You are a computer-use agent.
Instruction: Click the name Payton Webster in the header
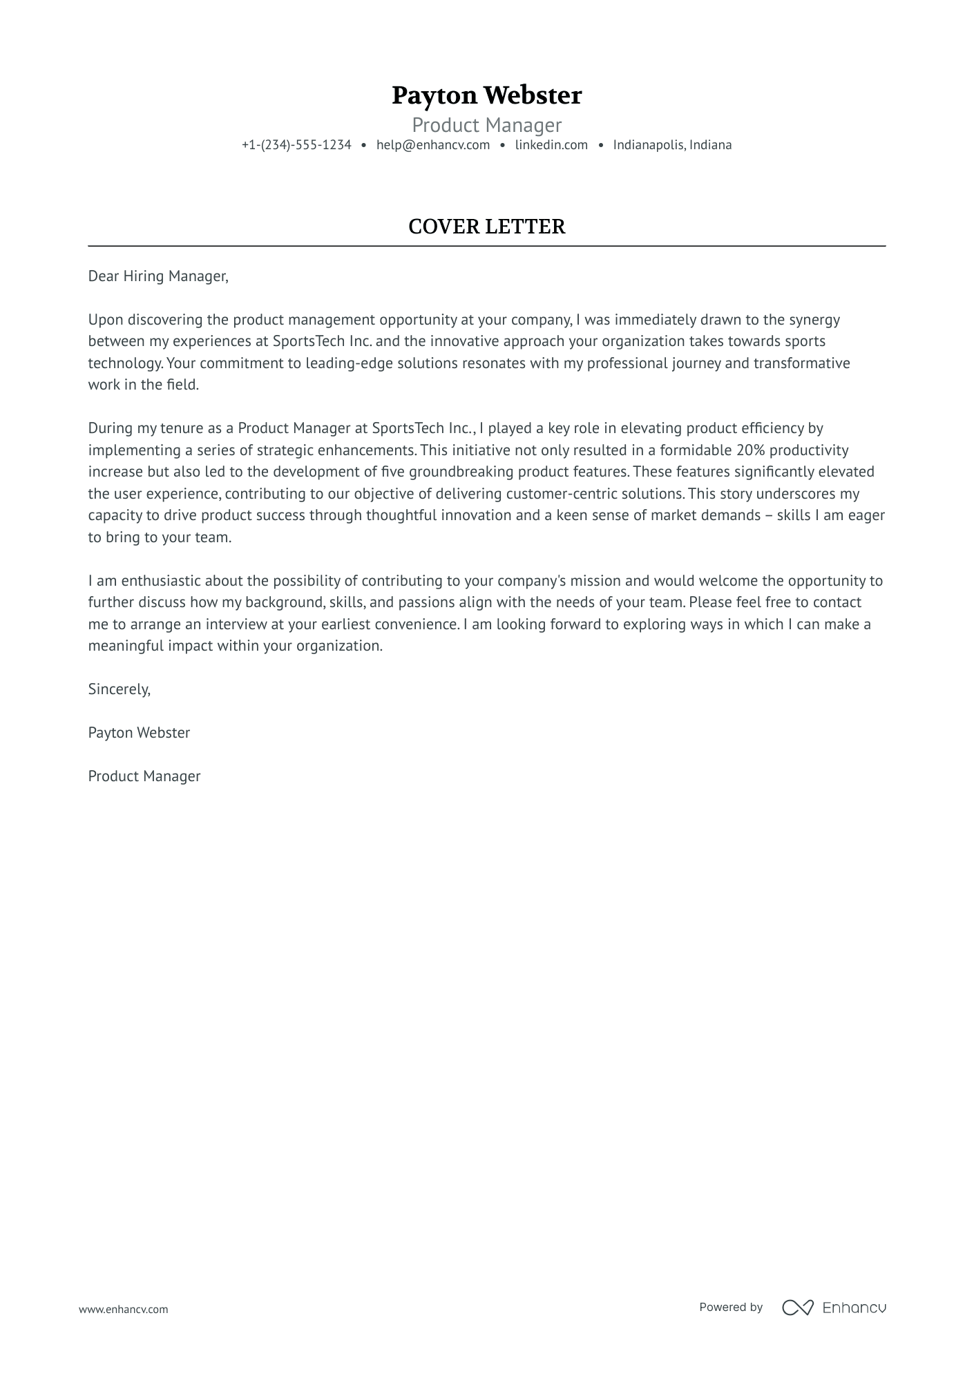click(x=486, y=95)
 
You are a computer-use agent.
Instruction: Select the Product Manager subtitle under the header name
click(x=486, y=125)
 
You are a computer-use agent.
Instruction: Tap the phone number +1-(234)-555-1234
click(x=296, y=145)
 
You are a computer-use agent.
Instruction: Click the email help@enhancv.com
click(x=433, y=145)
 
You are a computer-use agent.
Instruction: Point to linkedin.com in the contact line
click(x=551, y=145)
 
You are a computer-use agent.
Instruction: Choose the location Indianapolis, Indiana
click(x=672, y=145)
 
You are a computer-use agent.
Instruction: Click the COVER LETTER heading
click(x=486, y=227)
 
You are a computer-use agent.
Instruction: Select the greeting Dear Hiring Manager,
click(x=157, y=276)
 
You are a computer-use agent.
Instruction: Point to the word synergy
click(x=814, y=320)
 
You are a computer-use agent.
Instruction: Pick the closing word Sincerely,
click(x=119, y=689)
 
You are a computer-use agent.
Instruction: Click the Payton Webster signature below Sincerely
click(x=139, y=733)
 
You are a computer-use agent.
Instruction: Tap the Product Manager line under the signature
click(x=144, y=776)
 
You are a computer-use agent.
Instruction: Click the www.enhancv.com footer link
click(x=123, y=1309)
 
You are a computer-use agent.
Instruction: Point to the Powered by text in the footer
click(x=730, y=1307)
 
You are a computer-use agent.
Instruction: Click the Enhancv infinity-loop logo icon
click(x=797, y=1308)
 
